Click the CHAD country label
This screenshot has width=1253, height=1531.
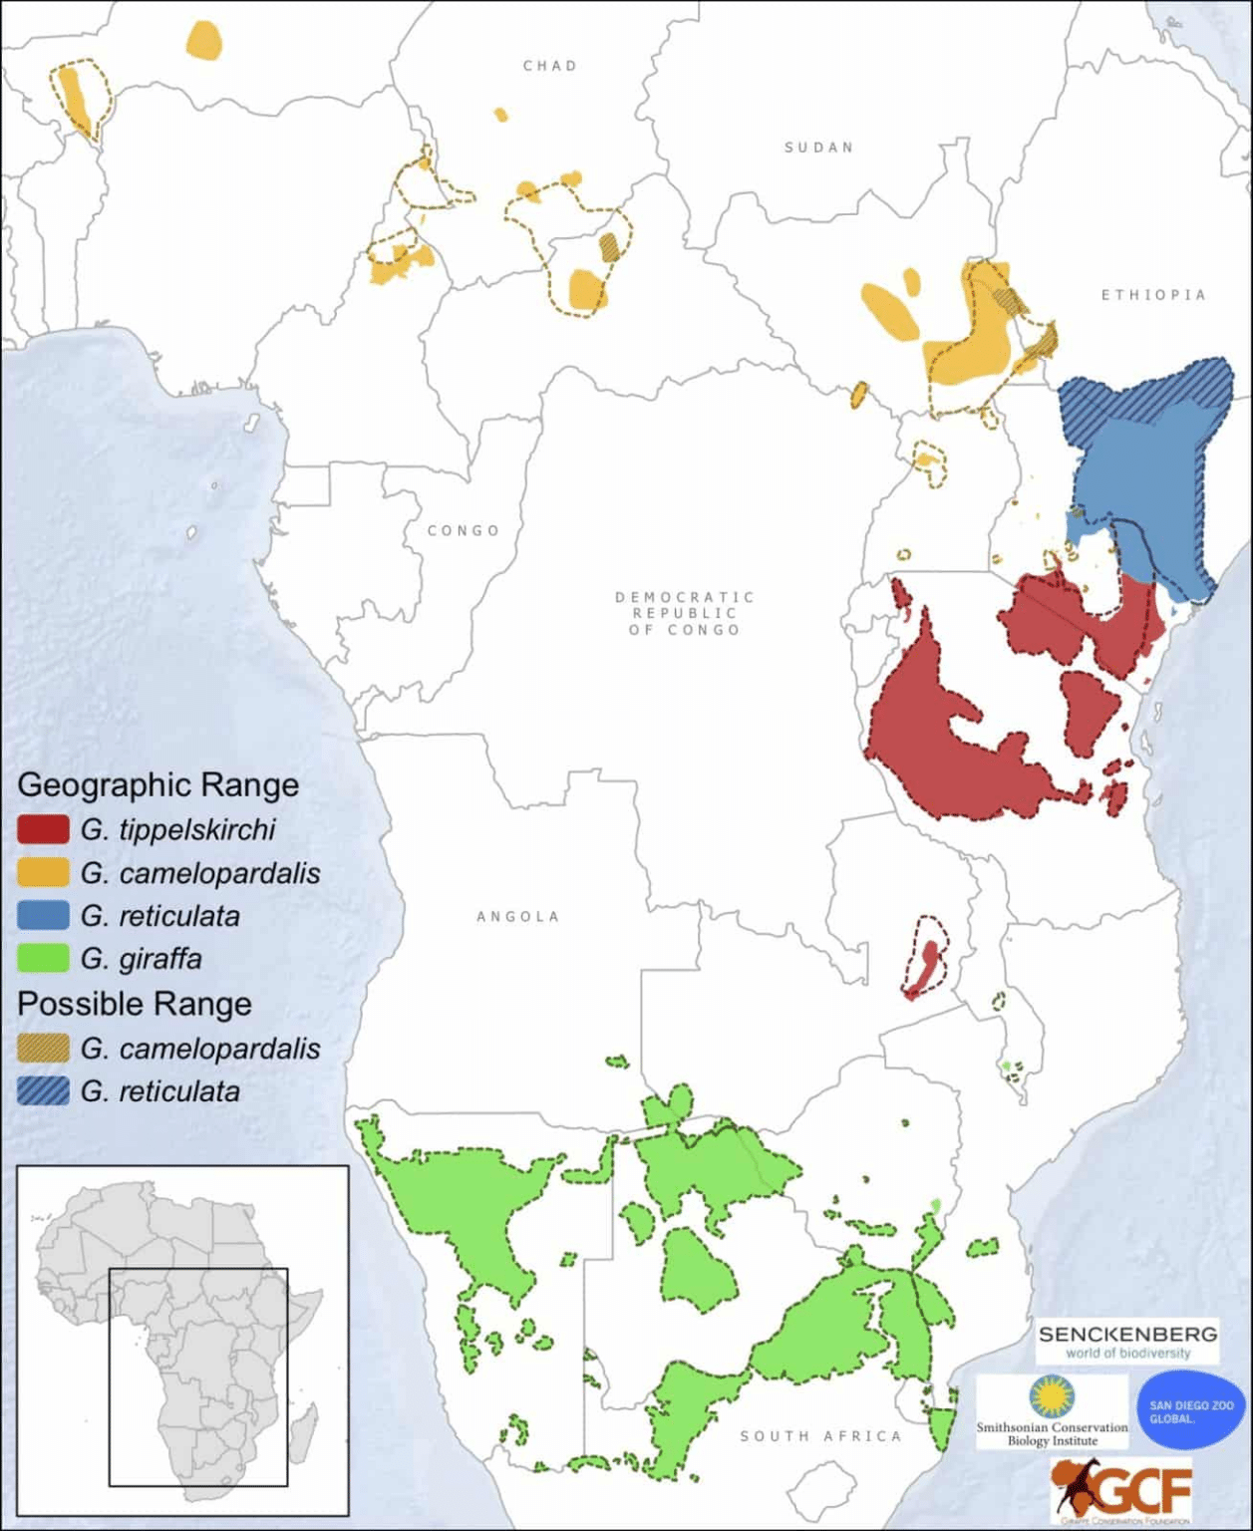click(x=549, y=66)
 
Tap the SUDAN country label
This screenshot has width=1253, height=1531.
click(x=818, y=148)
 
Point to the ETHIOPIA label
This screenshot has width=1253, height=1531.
click(x=1153, y=295)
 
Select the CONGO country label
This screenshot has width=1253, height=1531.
click(x=464, y=530)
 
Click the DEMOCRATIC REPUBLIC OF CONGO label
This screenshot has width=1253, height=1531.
click(x=685, y=613)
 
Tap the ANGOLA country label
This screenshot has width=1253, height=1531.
click(x=517, y=916)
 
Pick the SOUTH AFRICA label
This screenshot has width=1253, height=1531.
click(x=820, y=1436)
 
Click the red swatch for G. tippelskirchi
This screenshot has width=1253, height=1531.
click(x=43, y=829)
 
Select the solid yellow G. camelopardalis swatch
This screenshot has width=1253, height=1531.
click(x=43, y=873)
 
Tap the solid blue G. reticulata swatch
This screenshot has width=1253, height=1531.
click(x=43, y=916)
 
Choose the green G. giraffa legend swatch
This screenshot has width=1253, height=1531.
click(x=43, y=959)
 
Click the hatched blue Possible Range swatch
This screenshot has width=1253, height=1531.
click(x=43, y=1091)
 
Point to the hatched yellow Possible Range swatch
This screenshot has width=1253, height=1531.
click(x=43, y=1049)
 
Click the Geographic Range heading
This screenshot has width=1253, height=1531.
click(x=157, y=784)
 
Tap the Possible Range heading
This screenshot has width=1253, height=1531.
click(x=134, y=1004)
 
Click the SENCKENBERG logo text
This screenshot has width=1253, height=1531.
click(x=1127, y=1334)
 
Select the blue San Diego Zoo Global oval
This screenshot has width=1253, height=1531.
click(x=1191, y=1411)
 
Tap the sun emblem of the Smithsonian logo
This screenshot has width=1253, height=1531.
click(x=1051, y=1396)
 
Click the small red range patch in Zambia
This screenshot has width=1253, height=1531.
click(x=925, y=967)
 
